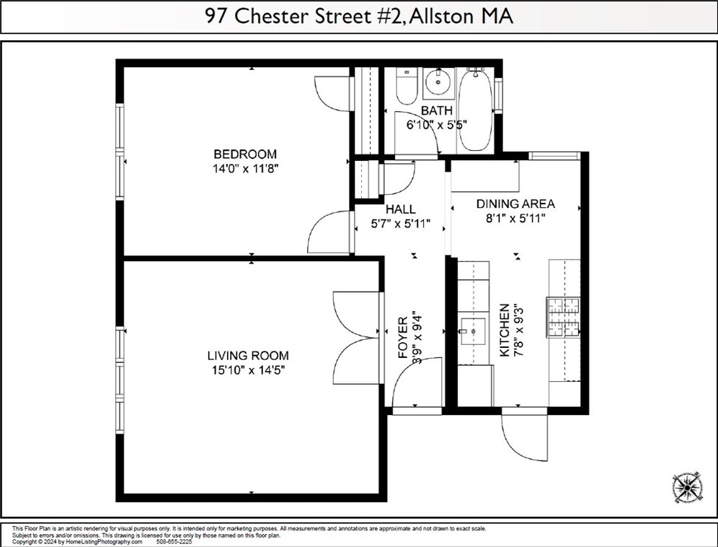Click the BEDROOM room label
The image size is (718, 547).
click(x=244, y=154)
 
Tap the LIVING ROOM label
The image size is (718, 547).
click(x=247, y=356)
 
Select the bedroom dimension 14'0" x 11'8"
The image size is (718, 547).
click(x=244, y=168)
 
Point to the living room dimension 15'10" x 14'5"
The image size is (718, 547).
click(x=247, y=370)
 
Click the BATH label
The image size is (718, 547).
click(x=437, y=111)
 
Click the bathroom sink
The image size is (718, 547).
click(x=437, y=83)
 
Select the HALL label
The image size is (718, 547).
click(x=399, y=209)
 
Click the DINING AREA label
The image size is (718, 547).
click(x=515, y=204)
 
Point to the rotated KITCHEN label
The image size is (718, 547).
click(x=505, y=330)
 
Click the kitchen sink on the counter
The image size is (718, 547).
click(x=473, y=331)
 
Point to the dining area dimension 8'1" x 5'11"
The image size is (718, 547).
click(x=515, y=218)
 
